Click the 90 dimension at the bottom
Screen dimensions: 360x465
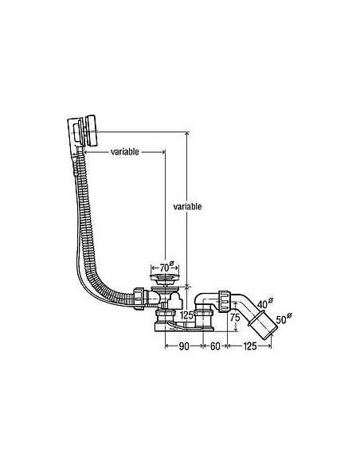click(x=184, y=346)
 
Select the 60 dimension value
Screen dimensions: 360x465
click(x=215, y=346)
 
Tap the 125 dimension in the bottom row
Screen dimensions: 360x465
click(x=250, y=346)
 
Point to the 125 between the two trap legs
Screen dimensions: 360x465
click(x=186, y=315)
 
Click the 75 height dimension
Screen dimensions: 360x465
click(x=235, y=318)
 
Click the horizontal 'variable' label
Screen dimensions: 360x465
click(x=124, y=152)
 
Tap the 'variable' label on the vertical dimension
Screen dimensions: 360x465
click(x=187, y=206)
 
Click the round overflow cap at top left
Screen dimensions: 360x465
click(x=91, y=130)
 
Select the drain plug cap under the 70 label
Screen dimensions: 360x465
click(x=165, y=278)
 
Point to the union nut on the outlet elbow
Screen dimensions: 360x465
click(x=224, y=301)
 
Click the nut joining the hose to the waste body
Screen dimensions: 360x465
click(x=139, y=299)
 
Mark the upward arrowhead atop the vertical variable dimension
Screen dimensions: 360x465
click(x=186, y=135)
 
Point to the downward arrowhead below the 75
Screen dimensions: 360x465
click(x=236, y=328)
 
